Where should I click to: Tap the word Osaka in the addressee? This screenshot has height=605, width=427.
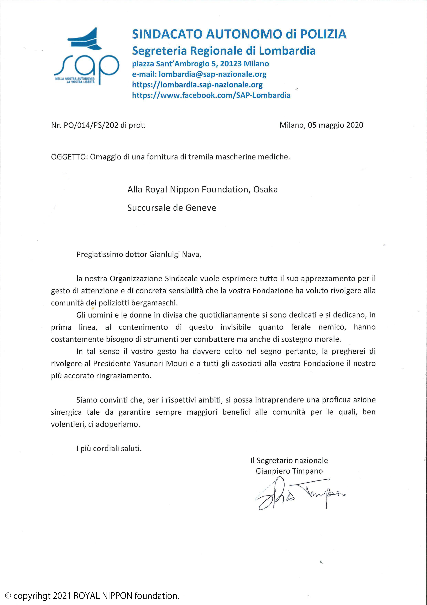point(265,190)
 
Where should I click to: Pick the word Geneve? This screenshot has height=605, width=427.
point(201,208)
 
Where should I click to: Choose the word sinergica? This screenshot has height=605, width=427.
point(66,412)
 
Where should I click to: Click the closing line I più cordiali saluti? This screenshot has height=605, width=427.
point(109,448)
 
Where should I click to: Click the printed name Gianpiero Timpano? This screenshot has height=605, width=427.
point(289,471)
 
